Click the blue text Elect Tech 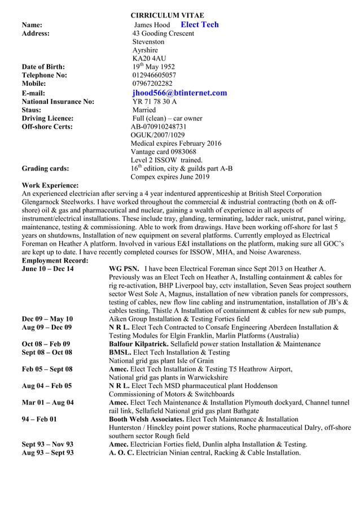(199, 25)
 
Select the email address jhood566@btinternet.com (179, 93)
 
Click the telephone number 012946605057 (154, 75)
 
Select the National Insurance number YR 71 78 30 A (155, 102)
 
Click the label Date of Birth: (43, 67)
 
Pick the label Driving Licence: (47, 119)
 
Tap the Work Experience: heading (50, 185)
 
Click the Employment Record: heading (55, 260)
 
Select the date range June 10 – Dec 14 (47, 269)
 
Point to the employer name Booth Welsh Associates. (151, 420)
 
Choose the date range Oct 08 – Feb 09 (46, 344)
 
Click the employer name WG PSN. (123, 269)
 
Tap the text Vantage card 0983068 (164, 152)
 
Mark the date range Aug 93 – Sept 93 (47, 453)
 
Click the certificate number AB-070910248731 (159, 127)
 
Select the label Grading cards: (46, 168)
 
